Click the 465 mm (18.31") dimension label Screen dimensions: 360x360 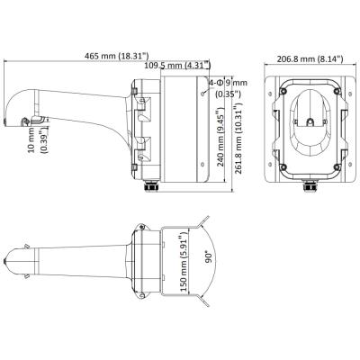click(117, 56)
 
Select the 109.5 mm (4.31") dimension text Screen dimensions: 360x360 click(177, 65)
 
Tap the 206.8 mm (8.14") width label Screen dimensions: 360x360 click(310, 59)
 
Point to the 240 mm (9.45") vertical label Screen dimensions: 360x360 click(221, 139)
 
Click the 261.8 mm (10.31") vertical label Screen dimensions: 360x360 click(238, 139)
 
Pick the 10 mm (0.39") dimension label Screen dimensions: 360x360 click(40, 139)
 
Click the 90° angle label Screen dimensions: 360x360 click(209, 257)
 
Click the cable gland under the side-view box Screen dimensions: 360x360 click(151, 186)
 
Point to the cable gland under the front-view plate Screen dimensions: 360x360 click(310, 186)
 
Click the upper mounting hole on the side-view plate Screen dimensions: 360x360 click(203, 94)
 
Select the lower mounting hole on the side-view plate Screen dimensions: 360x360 click(203, 165)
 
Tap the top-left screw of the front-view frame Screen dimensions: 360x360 click(283, 90)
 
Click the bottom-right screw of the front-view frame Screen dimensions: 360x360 click(337, 166)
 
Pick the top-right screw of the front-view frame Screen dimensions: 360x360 click(337, 90)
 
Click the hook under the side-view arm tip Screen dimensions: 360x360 click(25, 121)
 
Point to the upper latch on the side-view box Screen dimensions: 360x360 click(143, 109)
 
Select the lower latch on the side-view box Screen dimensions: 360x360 click(143, 149)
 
